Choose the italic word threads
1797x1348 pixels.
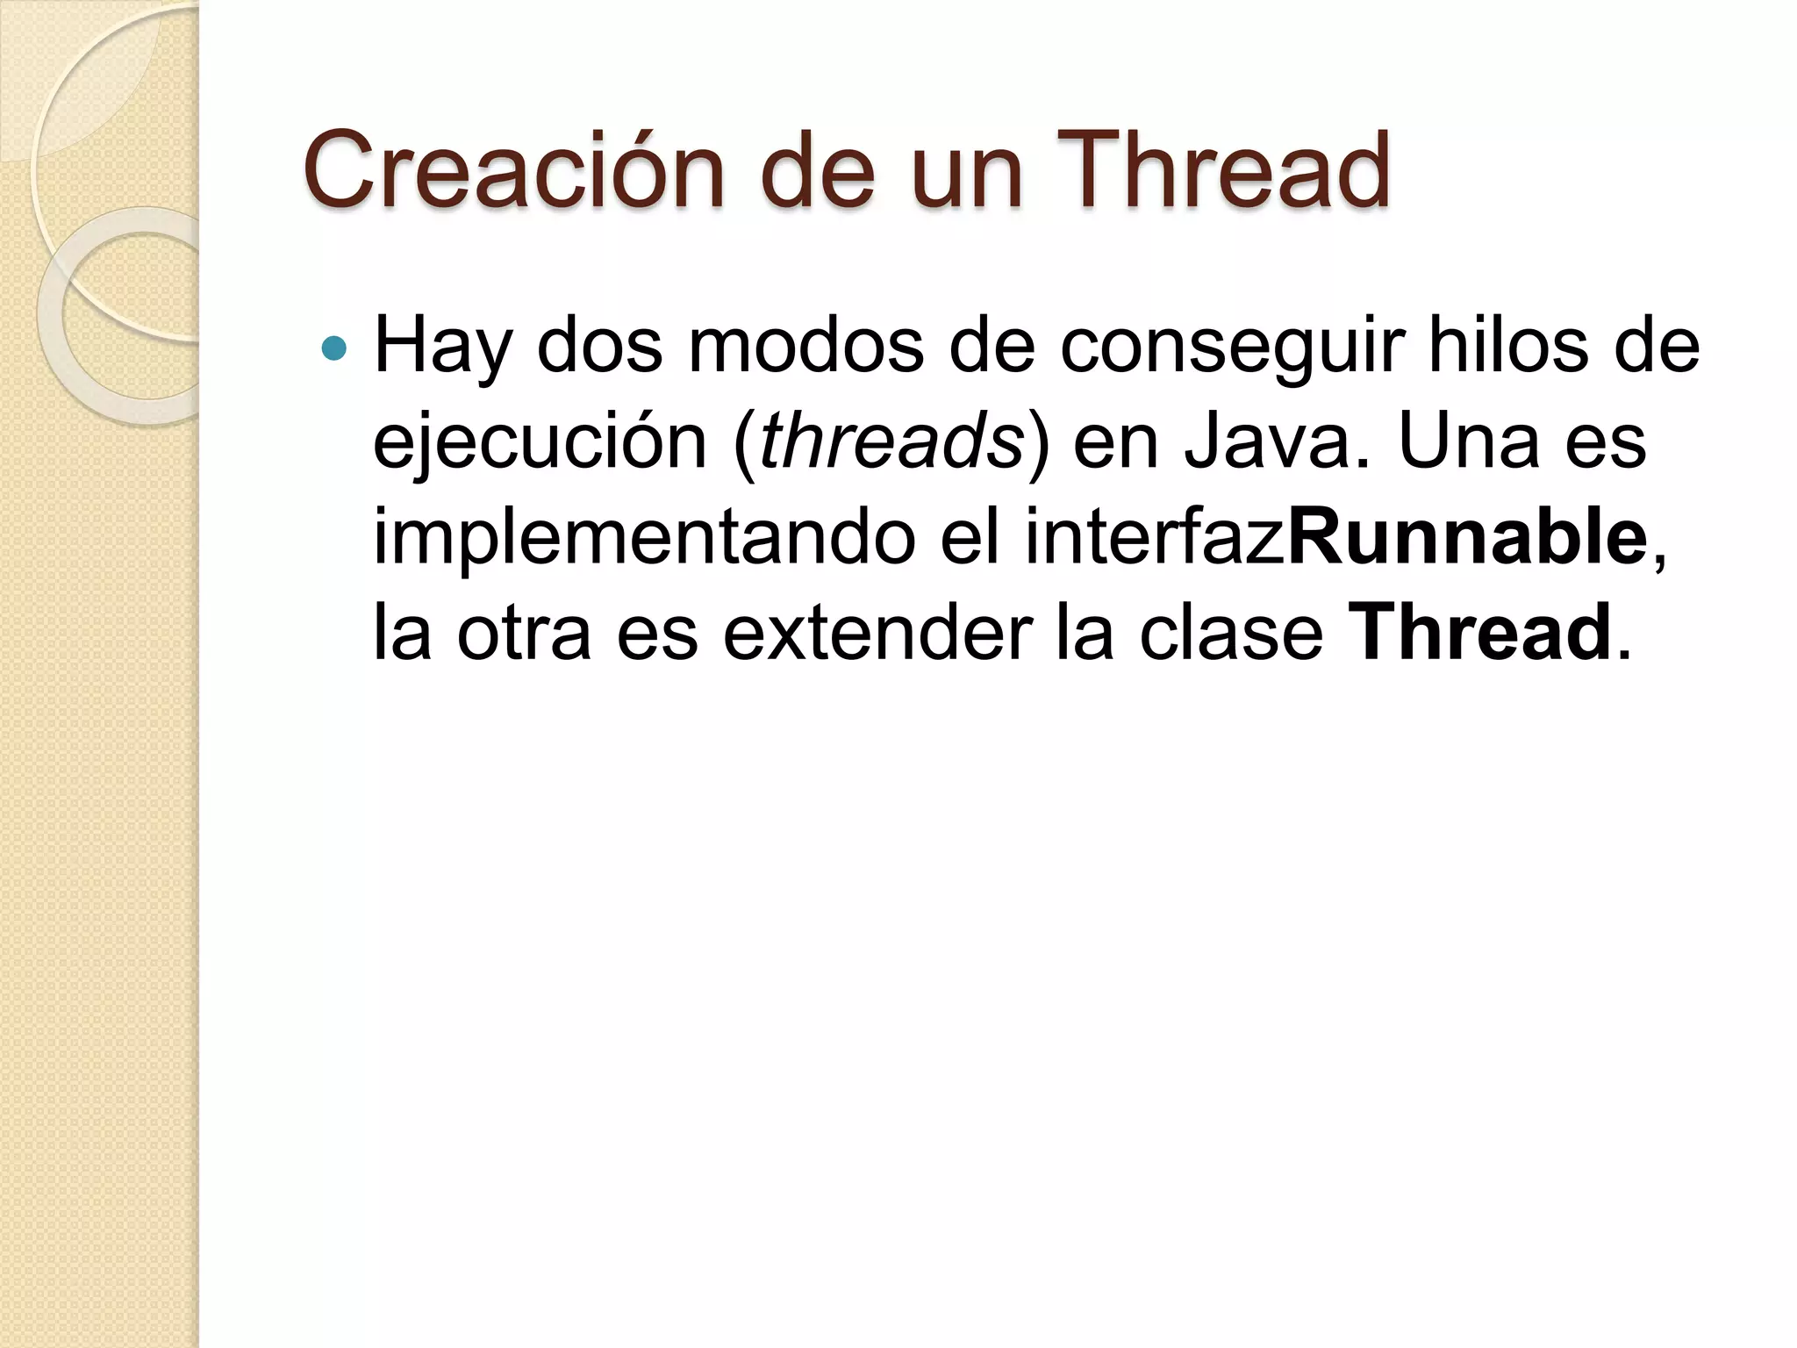tap(891, 441)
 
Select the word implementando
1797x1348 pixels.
tap(644, 539)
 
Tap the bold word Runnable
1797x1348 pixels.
tap(1466, 537)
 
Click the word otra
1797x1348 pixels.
tap(524, 634)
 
